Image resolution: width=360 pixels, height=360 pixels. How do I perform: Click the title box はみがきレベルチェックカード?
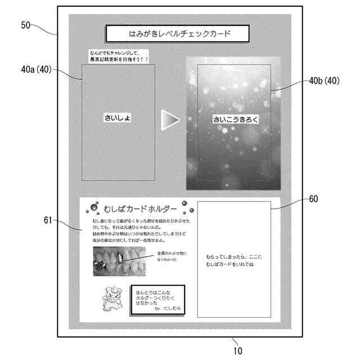pos(177,34)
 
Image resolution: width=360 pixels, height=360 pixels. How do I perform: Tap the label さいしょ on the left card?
pos(118,118)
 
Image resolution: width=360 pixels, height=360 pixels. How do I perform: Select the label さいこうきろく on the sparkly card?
pos(233,119)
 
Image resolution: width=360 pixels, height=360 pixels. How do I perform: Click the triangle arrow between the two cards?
pos(169,119)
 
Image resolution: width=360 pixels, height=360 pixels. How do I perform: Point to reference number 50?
pos(27,25)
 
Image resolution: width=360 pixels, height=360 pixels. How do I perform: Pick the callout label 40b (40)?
pos(325,80)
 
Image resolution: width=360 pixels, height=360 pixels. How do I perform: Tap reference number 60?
pos(313,199)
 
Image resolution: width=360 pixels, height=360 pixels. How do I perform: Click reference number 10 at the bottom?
pos(238,350)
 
